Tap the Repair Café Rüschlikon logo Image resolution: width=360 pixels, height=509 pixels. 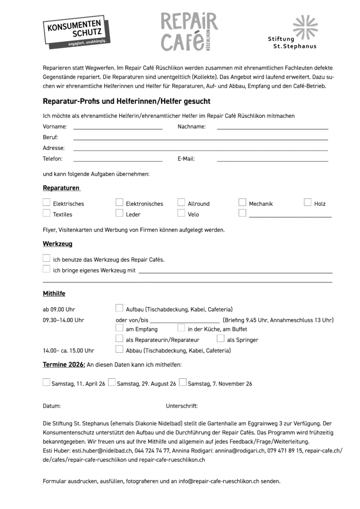(188, 32)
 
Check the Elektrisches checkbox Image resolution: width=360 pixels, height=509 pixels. (47, 202)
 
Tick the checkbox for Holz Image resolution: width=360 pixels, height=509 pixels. (308, 202)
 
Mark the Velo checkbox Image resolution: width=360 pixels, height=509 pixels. (181, 213)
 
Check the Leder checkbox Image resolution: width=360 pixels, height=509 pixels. (119, 213)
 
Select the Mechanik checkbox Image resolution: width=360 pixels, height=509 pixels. (243, 202)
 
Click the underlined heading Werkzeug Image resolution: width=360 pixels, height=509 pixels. (58, 244)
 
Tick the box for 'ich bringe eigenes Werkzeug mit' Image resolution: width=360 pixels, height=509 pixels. (47, 269)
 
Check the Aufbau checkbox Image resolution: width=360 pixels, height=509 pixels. (119, 308)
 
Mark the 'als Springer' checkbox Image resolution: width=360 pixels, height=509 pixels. (221, 339)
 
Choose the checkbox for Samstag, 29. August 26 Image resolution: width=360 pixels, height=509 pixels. (112, 383)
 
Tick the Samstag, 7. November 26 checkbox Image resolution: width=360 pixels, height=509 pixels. (183, 383)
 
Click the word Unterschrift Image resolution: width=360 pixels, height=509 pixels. (181, 406)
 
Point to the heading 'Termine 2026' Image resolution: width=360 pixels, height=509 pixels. (64, 365)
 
